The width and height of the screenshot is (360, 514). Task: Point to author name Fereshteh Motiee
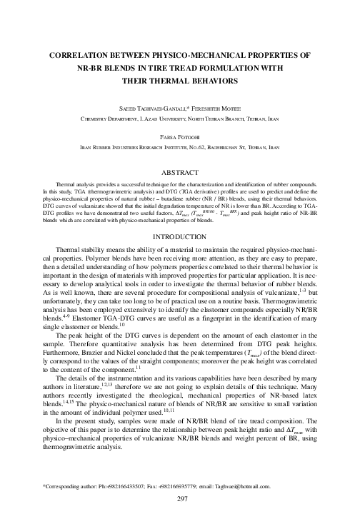pos(219,106)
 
